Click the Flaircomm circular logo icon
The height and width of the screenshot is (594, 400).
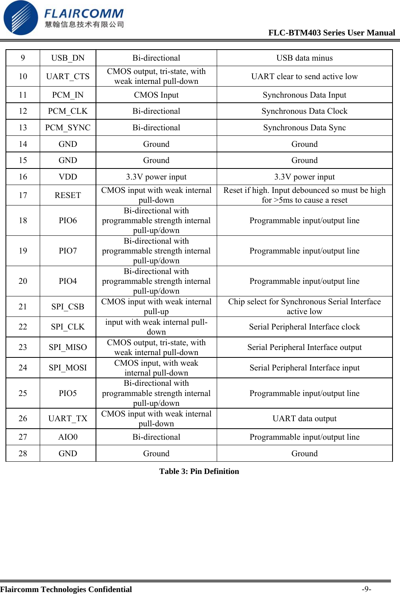20,18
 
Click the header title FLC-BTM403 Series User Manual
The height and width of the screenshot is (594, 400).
331,33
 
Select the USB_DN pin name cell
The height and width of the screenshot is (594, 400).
68,58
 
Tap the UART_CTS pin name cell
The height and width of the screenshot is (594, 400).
68,76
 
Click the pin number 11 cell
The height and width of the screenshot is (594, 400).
23,95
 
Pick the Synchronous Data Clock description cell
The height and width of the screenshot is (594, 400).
304,111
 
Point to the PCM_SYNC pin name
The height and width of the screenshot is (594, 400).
68,128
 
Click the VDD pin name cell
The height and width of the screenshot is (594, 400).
68,177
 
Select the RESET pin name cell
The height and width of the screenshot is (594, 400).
68,195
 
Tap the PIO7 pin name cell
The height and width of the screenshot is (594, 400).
68,251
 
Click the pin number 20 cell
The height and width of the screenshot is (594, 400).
23,281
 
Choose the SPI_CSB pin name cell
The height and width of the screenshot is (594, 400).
68,307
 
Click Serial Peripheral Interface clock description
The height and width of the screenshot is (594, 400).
304,327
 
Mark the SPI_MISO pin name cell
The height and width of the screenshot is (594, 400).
68,347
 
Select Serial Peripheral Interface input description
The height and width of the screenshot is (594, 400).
304,368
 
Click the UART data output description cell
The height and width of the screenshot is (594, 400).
304,418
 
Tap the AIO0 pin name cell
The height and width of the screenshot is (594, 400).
68,437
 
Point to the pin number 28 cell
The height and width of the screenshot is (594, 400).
23,453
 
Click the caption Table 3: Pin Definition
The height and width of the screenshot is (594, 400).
199,471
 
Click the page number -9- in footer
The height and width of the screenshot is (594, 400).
366,589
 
